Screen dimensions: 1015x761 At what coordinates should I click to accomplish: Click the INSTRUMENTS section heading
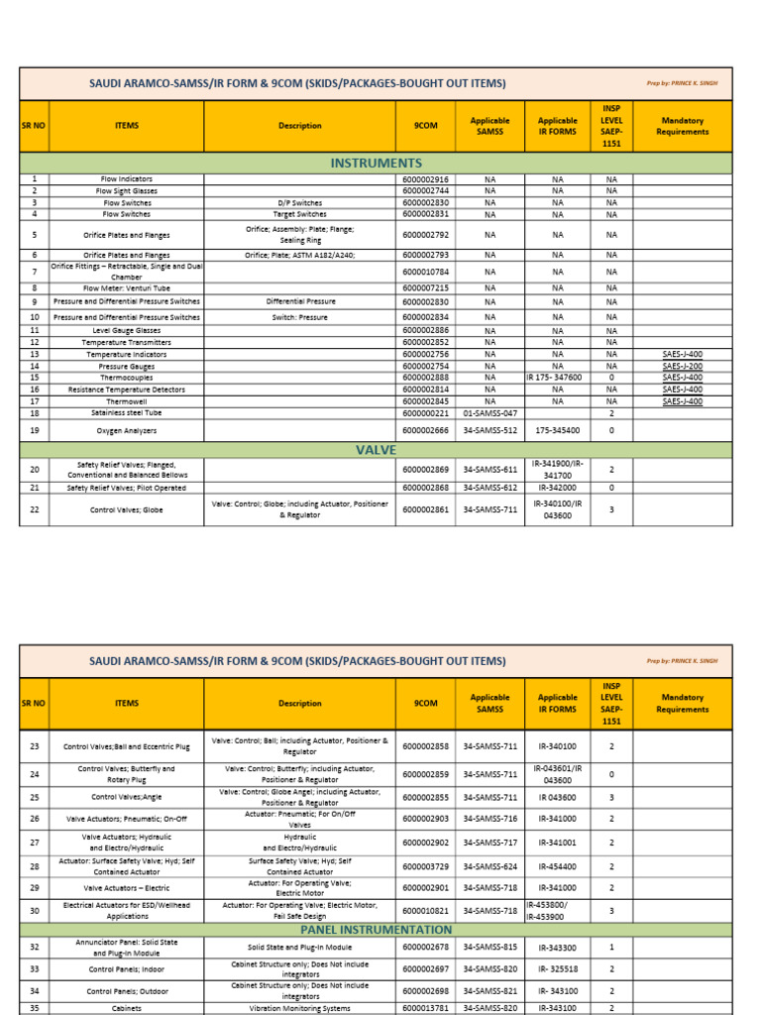pos(376,163)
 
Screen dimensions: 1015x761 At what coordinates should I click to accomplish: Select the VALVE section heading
pos(376,450)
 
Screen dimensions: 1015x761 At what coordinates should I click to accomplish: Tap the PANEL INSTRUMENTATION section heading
pos(376,930)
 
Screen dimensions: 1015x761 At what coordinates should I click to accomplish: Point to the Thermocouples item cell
pos(126,378)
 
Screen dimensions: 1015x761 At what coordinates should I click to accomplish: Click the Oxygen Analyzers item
pos(126,431)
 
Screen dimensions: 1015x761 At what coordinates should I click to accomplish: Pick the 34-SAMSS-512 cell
pos(489,431)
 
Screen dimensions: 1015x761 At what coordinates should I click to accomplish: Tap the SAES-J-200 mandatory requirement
pos(682,366)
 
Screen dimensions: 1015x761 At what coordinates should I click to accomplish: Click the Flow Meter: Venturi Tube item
pos(126,287)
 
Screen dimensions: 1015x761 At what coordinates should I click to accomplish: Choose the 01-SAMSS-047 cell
pos(489,413)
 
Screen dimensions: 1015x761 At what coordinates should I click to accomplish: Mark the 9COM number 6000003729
pos(425,866)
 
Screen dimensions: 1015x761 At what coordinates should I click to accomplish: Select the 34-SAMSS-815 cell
pos(489,948)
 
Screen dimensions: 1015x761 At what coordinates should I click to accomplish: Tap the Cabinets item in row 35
pos(126,1009)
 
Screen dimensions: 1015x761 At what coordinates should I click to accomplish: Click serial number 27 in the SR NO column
pos(34,843)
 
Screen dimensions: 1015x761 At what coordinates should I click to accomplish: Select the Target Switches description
pos(299,214)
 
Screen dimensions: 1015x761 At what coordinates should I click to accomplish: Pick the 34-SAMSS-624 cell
pos(489,866)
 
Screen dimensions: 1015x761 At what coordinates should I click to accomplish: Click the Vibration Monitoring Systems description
pos(299,1009)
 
